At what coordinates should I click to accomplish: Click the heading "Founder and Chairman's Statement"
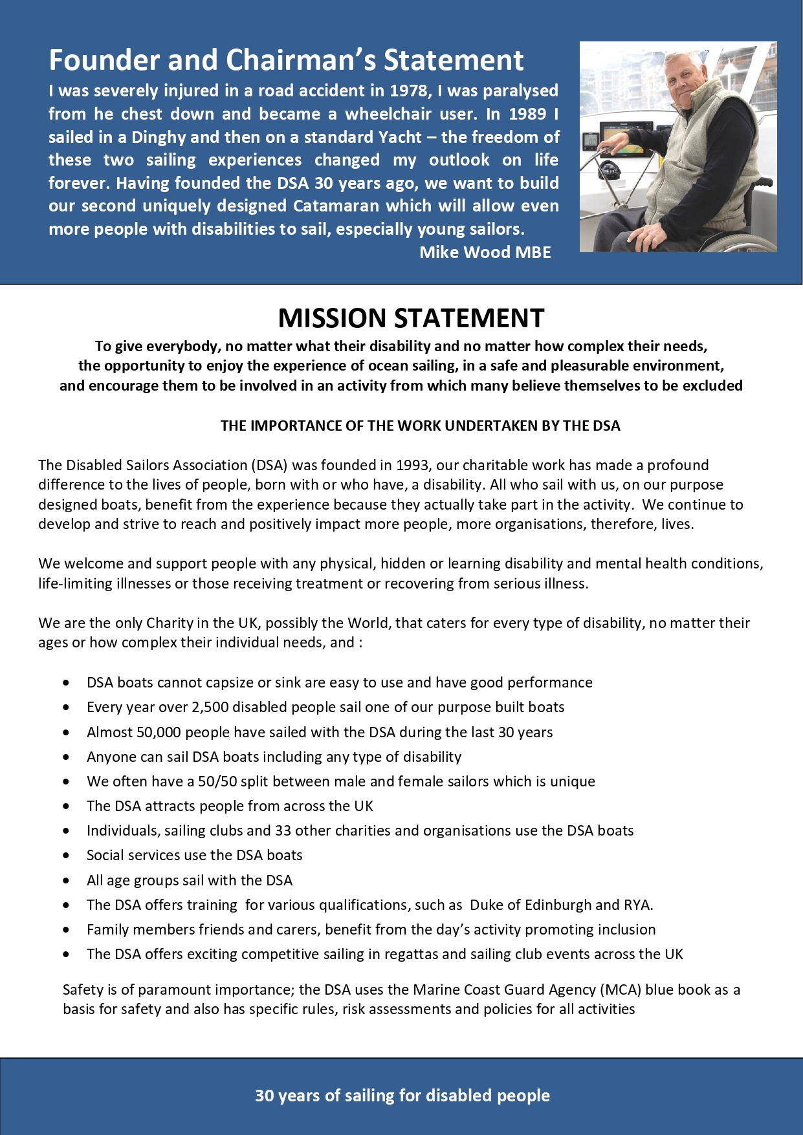tap(286, 60)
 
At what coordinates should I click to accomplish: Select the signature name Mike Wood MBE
tap(485, 252)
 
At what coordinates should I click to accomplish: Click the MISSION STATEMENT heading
tap(411, 318)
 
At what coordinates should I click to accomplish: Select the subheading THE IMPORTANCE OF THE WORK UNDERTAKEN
tap(420, 426)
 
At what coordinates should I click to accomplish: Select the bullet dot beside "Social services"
tap(67, 855)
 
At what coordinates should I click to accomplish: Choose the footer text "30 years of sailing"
tap(402, 1096)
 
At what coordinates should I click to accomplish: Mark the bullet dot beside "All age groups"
tap(67, 880)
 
